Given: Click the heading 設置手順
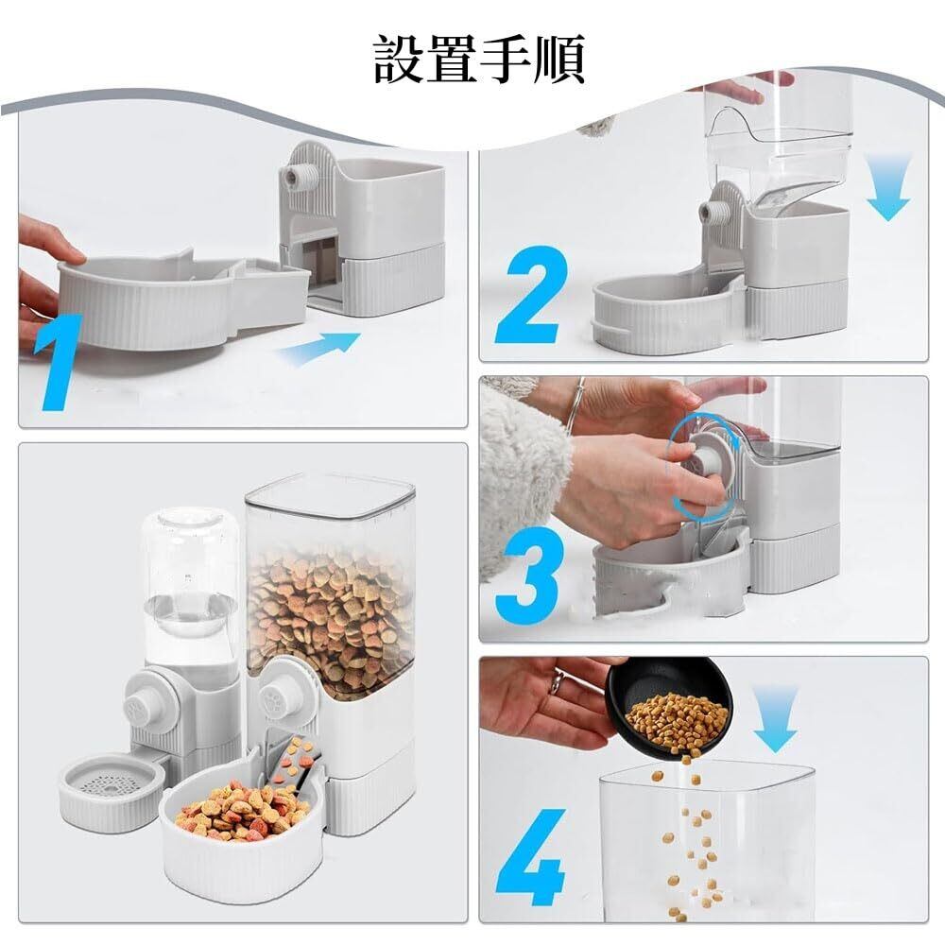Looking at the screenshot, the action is pos(479,59).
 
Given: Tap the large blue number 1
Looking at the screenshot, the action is pos(59,362).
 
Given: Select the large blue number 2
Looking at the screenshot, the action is pos(531,295).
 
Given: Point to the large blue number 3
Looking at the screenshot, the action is pos(530,568).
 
